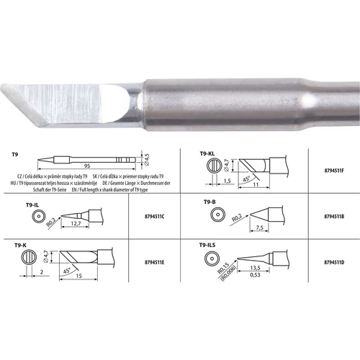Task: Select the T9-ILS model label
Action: [210, 245]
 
